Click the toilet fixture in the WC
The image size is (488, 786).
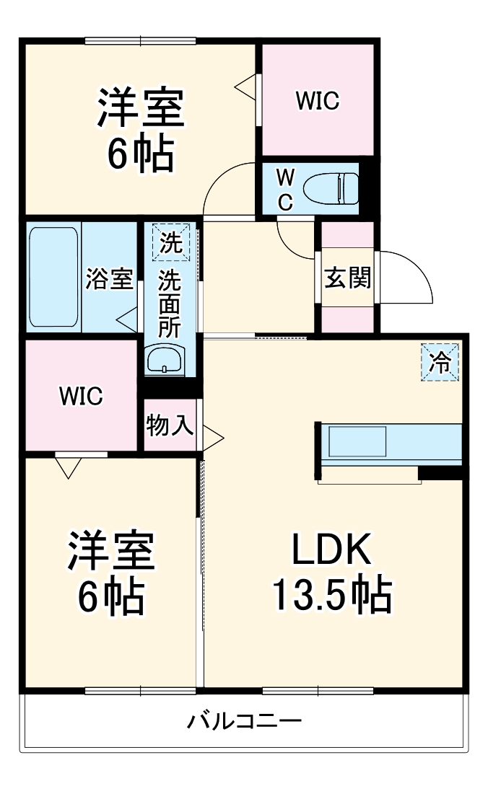point(331,189)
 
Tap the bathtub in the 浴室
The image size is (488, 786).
point(53,278)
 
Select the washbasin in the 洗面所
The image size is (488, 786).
point(165,360)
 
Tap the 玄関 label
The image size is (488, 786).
point(347,278)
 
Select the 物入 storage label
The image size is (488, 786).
point(170,425)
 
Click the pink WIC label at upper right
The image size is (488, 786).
point(317,101)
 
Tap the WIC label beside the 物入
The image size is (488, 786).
point(81,395)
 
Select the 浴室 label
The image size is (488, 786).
point(110,278)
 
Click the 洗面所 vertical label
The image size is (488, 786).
point(170,303)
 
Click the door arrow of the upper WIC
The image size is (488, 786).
point(245,87)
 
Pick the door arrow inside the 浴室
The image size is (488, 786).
point(128,319)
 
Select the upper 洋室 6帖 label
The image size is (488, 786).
point(141,130)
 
